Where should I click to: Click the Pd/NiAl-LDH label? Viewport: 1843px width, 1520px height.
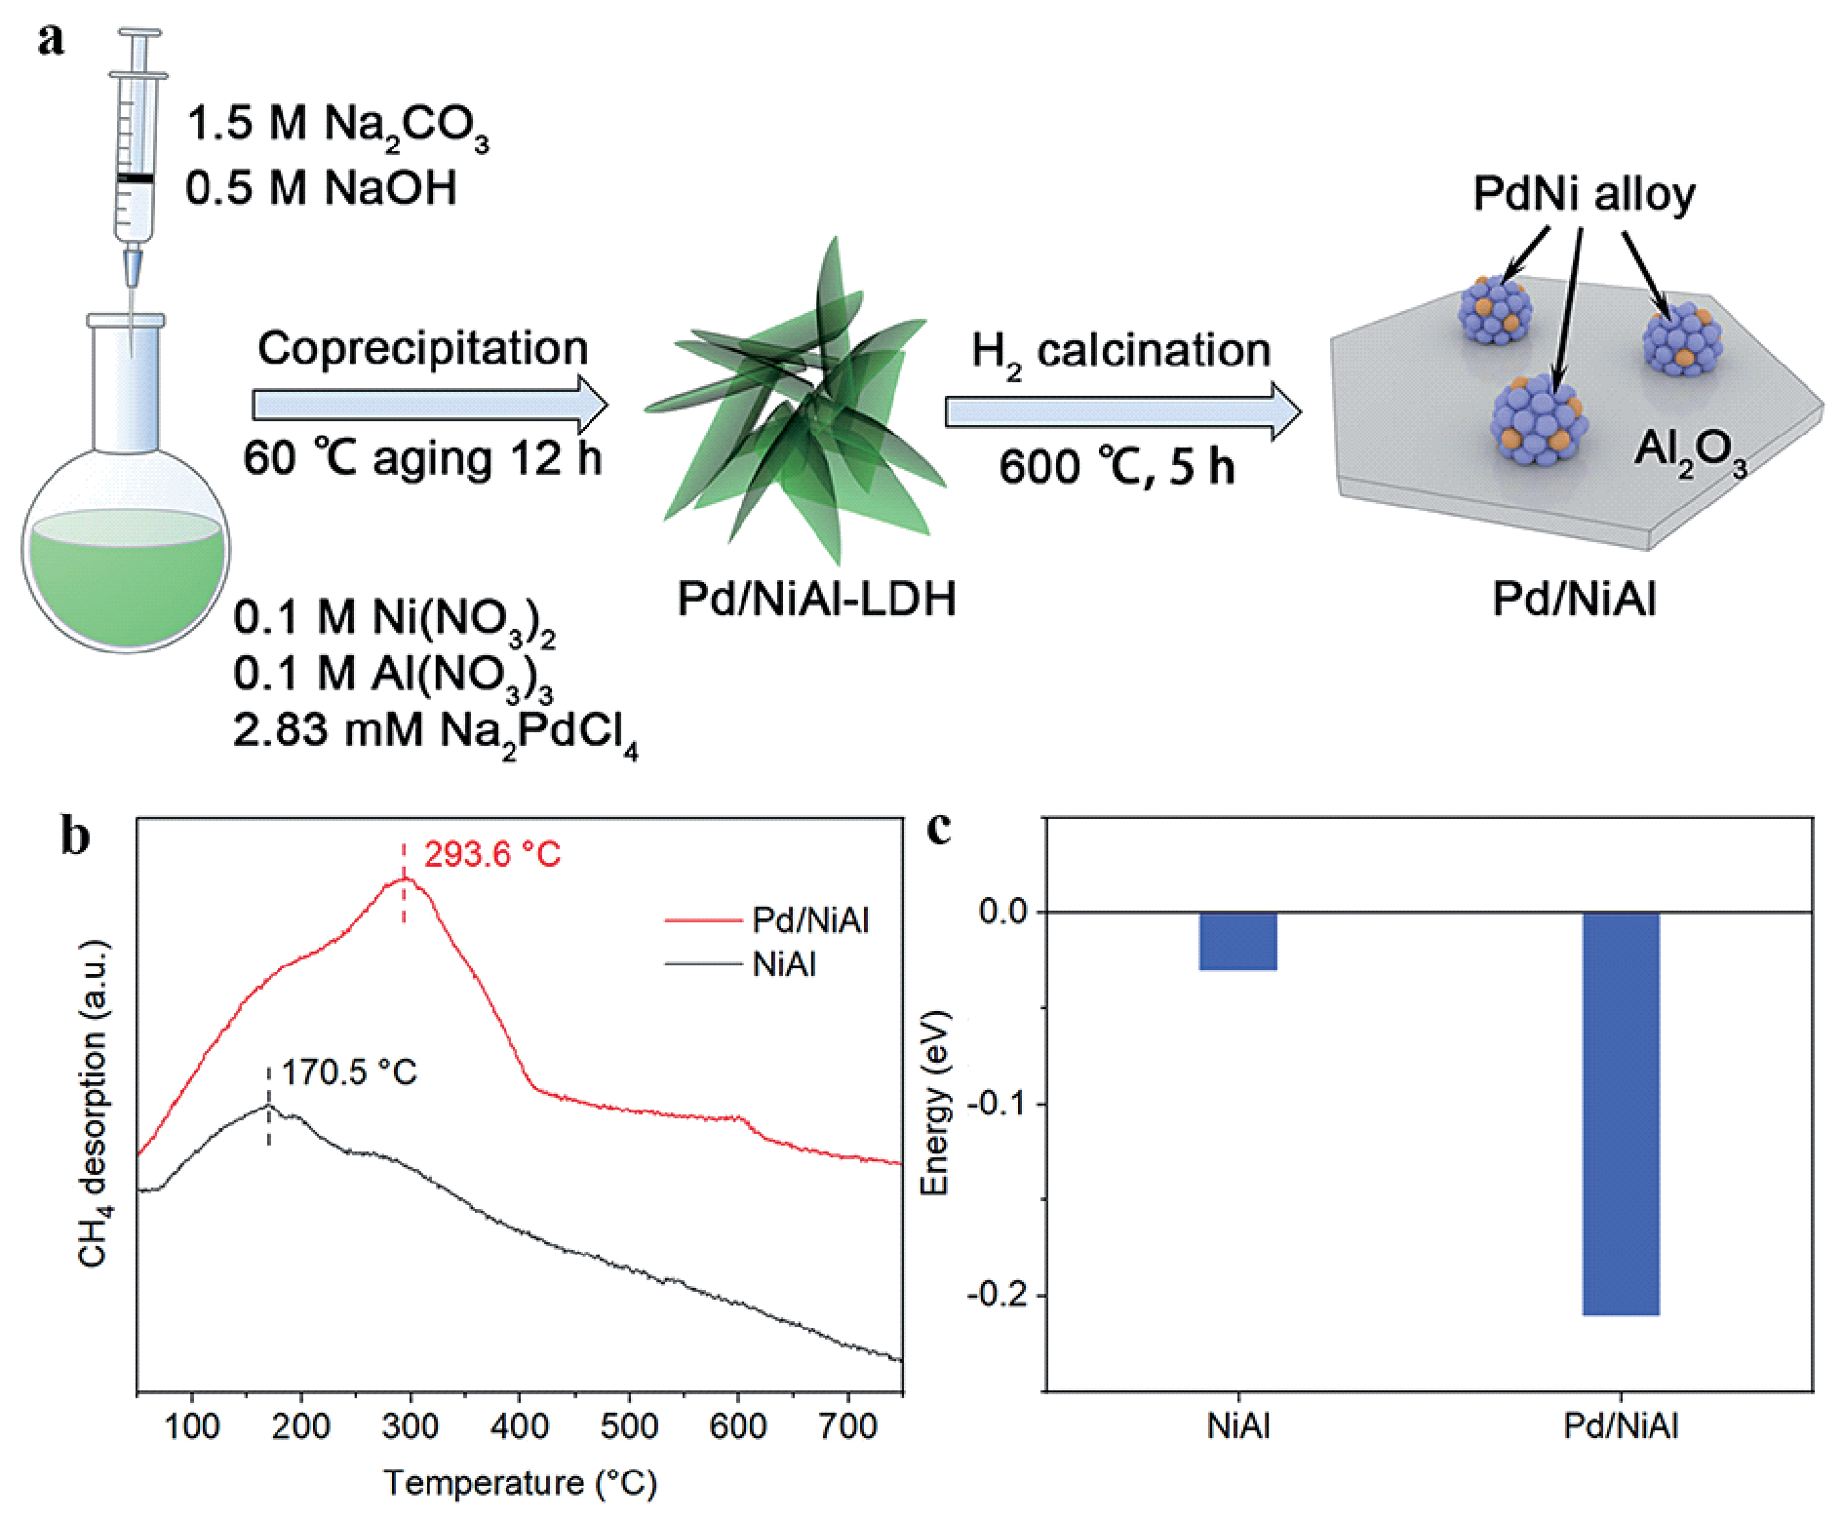(x=816, y=599)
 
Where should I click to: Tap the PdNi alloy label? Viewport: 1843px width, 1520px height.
(x=1584, y=194)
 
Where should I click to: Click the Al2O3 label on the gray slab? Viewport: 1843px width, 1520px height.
(x=1690, y=453)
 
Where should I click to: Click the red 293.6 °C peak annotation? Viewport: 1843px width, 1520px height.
(x=492, y=855)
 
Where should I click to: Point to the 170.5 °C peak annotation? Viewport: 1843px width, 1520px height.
(x=349, y=1072)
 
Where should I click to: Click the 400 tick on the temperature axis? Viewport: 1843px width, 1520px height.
(x=520, y=1426)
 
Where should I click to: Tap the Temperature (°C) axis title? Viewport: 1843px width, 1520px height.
(x=520, y=1483)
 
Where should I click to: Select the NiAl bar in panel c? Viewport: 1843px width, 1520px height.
(x=1237, y=941)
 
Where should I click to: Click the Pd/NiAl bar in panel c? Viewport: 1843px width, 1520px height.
(x=1621, y=1111)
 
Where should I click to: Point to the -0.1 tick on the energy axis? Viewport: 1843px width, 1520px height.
(x=1000, y=1104)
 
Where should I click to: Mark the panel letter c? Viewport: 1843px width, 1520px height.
(x=938, y=829)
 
